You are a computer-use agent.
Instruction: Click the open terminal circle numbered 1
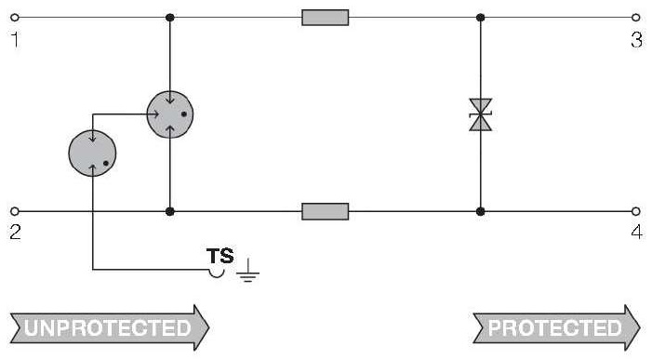click(x=15, y=18)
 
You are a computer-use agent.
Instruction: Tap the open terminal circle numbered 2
click(x=15, y=211)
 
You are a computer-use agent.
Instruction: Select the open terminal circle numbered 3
click(x=636, y=18)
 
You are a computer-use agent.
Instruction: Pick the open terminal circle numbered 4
click(x=636, y=211)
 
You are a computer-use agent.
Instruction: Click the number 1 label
click(x=16, y=40)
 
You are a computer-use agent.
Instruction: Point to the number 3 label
click(x=636, y=40)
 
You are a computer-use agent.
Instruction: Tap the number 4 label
click(x=636, y=232)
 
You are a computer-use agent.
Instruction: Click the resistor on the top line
click(x=326, y=18)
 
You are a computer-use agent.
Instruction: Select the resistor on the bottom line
click(x=326, y=211)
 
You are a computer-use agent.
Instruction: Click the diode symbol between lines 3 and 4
click(x=480, y=114)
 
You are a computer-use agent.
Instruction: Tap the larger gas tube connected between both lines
click(x=170, y=114)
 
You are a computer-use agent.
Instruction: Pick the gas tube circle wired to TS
click(x=92, y=153)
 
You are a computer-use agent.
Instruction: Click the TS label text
click(x=220, y=256)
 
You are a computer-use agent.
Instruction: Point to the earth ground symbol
click(x=247, y=270)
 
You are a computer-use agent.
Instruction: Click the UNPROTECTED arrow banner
click(x=110, y=327)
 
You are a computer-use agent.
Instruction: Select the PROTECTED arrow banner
click(x=556, y=327)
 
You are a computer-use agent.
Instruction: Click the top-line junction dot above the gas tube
click(x=169, y=18)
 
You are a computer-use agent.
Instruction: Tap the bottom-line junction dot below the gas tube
click(x=169, y=211)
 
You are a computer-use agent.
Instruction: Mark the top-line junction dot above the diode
click(x=480, y=18)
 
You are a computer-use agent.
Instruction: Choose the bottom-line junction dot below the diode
click(x=480, y=211)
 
